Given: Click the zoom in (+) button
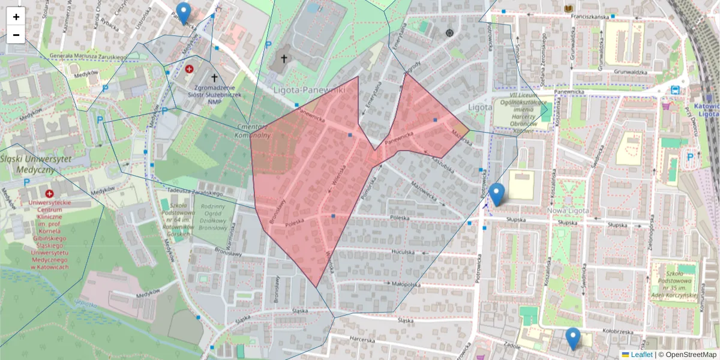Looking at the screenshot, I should click(16, 17).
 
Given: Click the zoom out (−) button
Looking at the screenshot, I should click(16, 35).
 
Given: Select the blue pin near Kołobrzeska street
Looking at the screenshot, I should click(573, 338).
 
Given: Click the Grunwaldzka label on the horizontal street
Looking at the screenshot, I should click(630, 73).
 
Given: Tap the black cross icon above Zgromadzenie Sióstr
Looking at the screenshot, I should click(214, 77).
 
